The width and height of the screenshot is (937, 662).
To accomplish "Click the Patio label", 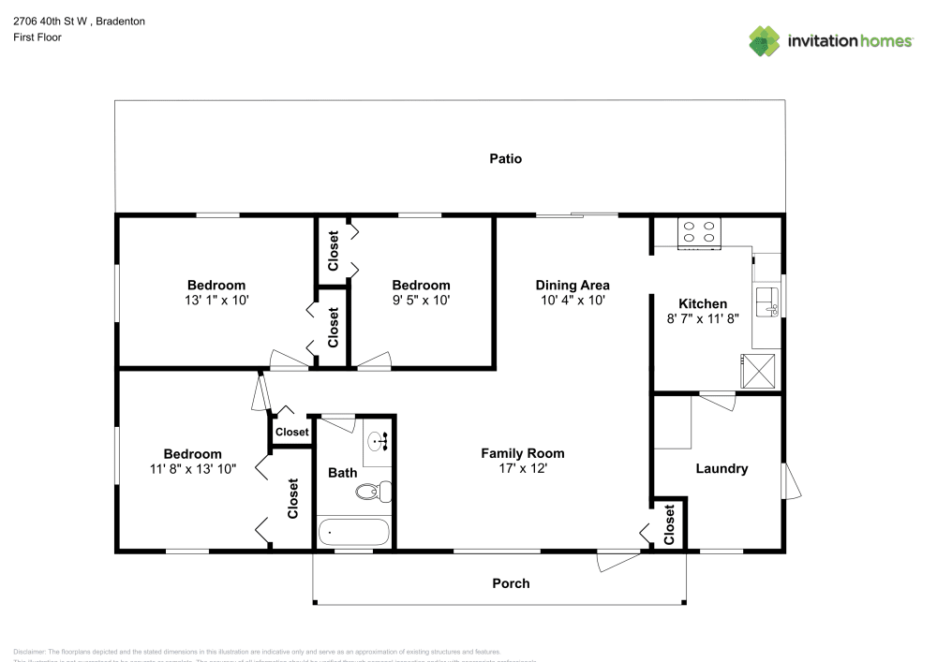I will [505, 158].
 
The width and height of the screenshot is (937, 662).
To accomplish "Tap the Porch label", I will [511, 583].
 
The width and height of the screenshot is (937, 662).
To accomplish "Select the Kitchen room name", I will [703, 303].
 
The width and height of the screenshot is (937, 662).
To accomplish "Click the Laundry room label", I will [721, 468].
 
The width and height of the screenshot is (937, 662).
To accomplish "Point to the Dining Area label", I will [573, 285].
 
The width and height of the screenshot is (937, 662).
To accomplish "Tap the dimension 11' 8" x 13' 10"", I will [191, 469].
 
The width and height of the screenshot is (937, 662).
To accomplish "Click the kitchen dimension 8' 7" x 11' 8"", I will [703, 318].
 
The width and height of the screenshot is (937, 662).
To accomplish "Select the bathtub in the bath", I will [353, 533].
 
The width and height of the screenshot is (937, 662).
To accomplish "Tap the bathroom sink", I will [379, 440].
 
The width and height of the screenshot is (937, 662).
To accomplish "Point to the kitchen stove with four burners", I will [700, 232].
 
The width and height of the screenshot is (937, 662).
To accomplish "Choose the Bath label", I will [342, 473].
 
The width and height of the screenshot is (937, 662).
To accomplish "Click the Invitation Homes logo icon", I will [765, 40].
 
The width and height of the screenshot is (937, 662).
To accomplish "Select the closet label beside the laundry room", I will [669, 524].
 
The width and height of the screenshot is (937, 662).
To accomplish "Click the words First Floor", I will [37, 37].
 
